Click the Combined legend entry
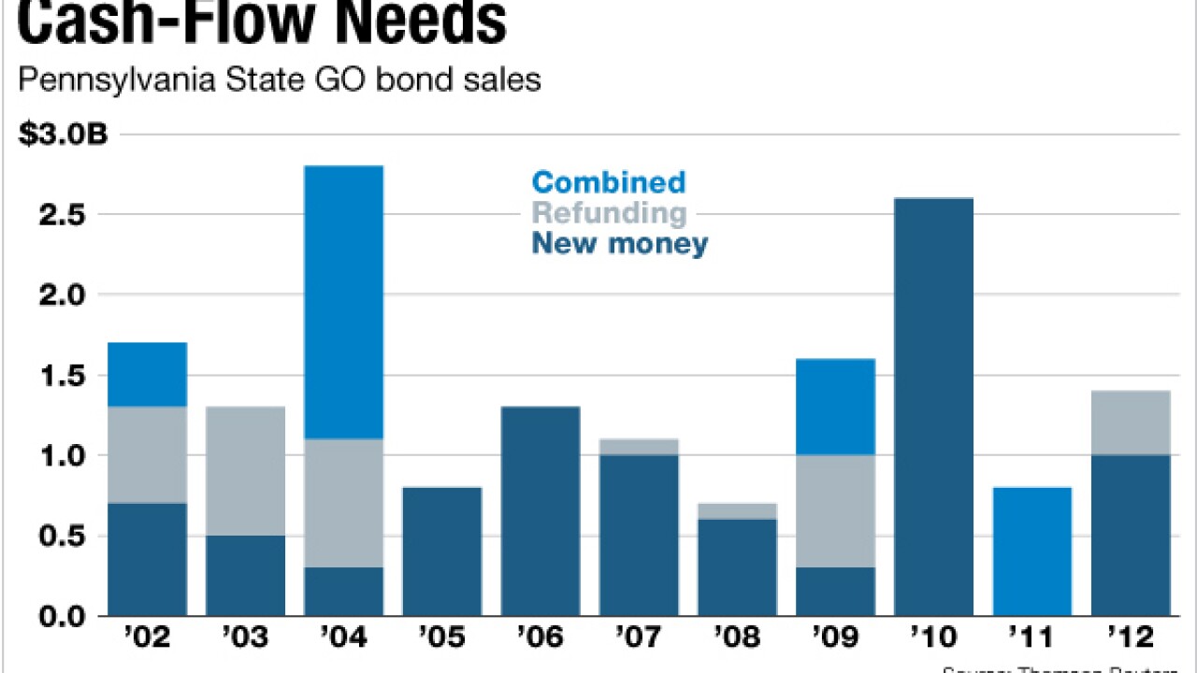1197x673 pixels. pos(608,181)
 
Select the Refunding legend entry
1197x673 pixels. pos(609,213)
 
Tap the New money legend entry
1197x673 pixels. pos(620,245)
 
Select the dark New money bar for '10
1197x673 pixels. pos(933,407)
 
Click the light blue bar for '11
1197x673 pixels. pos(1031,551)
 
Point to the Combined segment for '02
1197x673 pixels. pos(147,374)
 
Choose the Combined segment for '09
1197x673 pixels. pos(835,407)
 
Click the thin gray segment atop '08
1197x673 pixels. pos(737,510)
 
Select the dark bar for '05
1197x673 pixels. pos(441,551)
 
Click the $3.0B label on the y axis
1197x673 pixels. pos(63,135)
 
